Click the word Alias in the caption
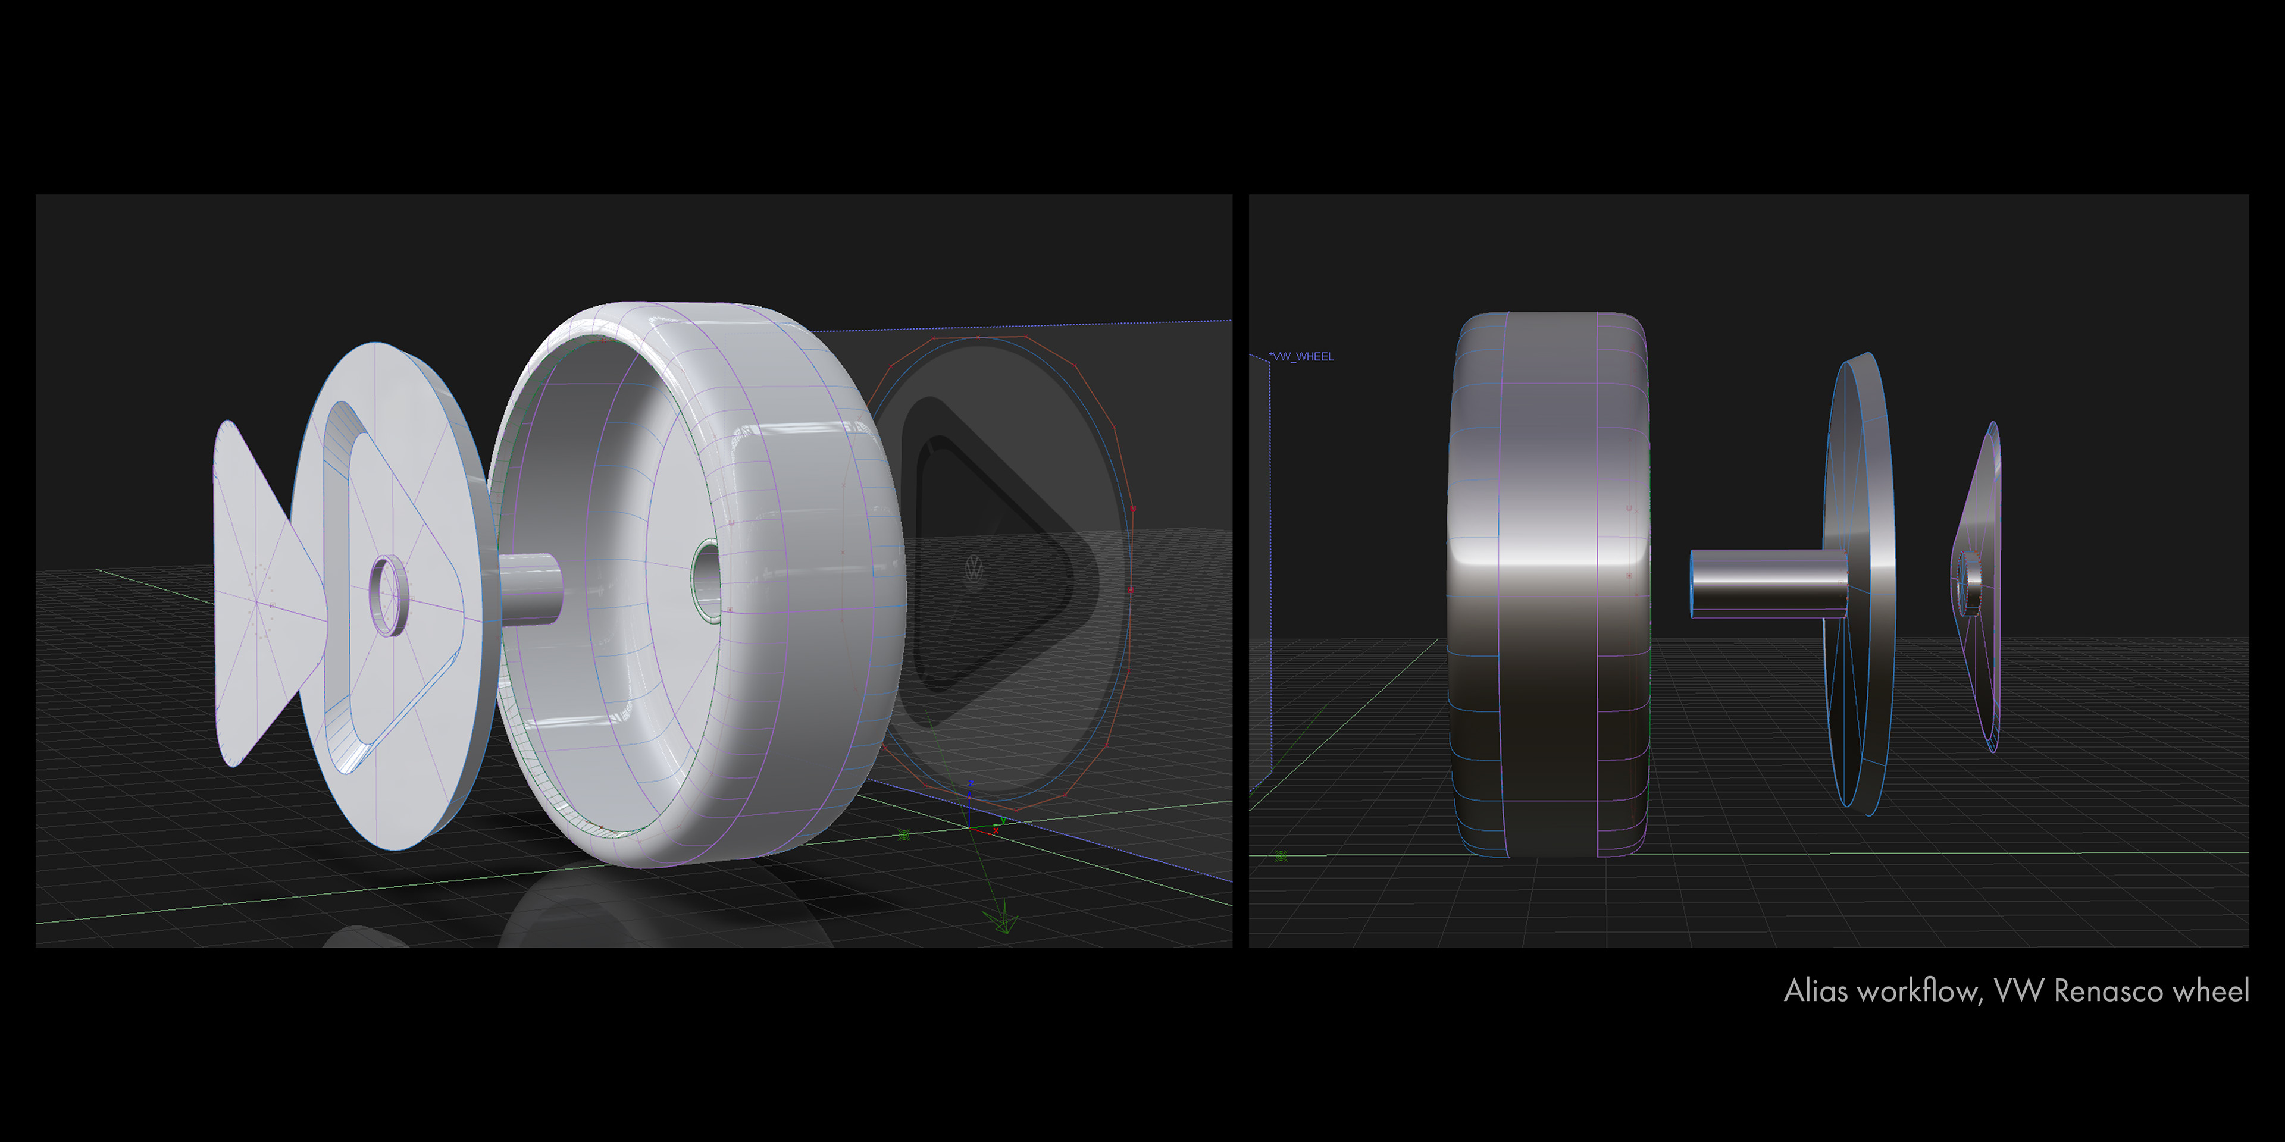(1816, 990)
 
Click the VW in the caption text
(2020, 990)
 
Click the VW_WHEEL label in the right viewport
(1301, 356)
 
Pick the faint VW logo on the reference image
(974, 569)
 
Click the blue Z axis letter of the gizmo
(971, 785)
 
